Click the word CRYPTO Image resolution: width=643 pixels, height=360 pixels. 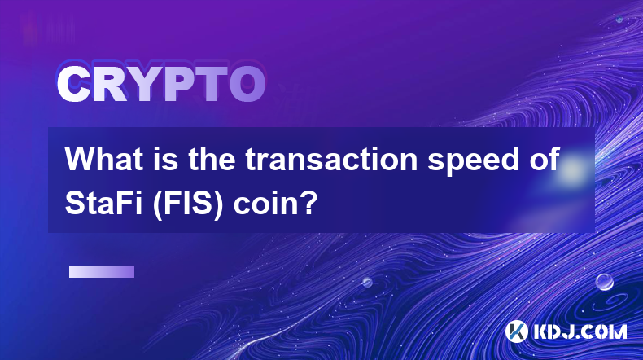tap(161, 85)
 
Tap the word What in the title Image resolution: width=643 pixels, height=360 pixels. tap(104, 160)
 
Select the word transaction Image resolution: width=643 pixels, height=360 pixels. tap(331, 160)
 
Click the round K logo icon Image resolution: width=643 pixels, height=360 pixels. tap(516, 331)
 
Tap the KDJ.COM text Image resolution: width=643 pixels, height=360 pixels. tap(580, 331)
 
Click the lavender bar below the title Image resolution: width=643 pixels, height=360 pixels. tap(102, 271)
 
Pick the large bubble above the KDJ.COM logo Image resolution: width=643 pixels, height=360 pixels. tap(605, 282)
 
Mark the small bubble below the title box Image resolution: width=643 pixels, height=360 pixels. tap(367, 282)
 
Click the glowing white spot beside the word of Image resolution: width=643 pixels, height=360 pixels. tap(572, 169)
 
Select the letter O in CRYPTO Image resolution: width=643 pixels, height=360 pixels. tap(247, 85)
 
